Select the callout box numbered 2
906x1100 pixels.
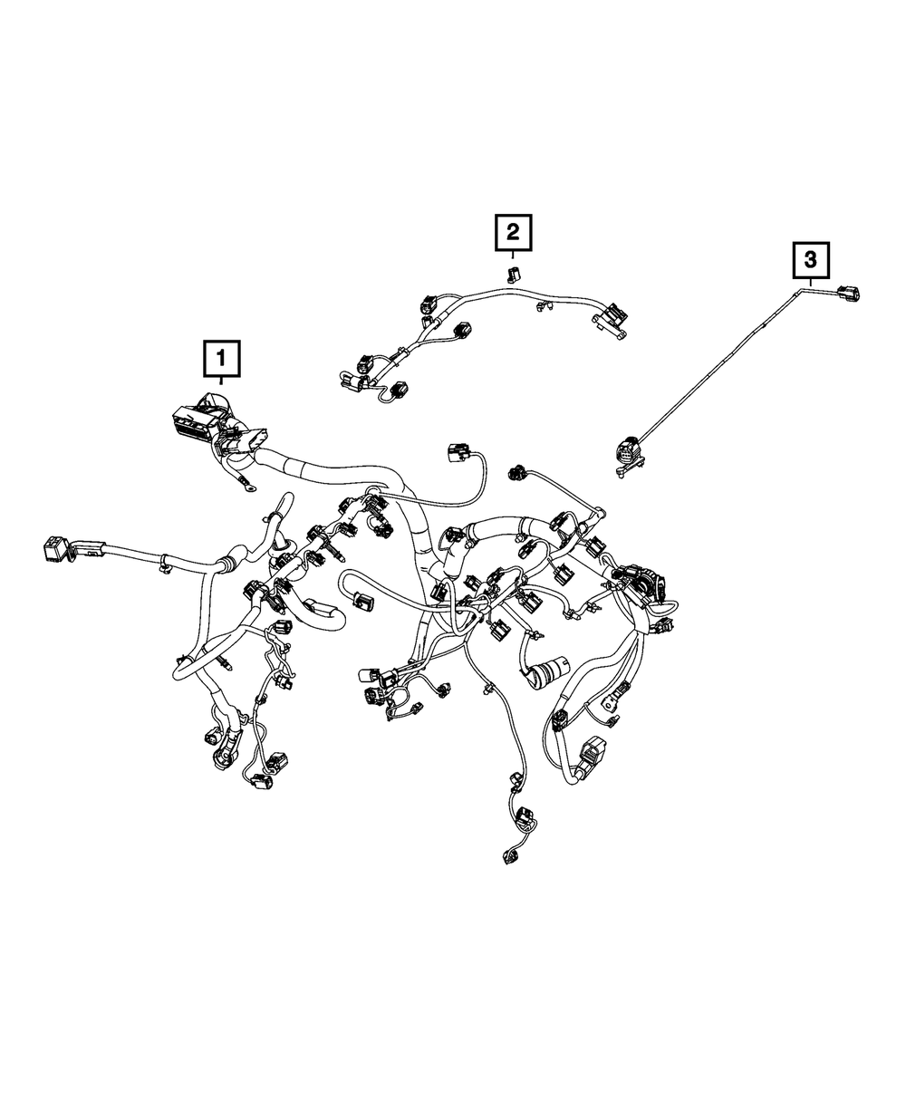click(513, 233)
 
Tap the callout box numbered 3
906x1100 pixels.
click(811, 260)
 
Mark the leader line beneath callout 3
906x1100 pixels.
click(811, 282)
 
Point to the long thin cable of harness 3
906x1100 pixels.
click(725, 362)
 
